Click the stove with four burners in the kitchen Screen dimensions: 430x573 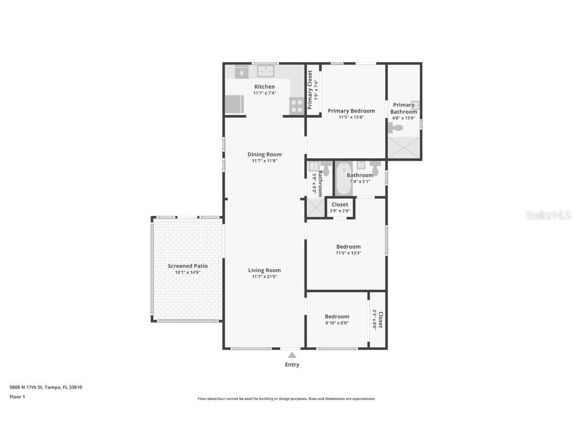(296, 106)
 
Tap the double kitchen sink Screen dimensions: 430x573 (266, 72)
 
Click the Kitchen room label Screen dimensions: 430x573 (265, 87)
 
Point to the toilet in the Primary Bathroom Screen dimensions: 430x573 (396, 128)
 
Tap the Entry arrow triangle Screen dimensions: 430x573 (292, 355)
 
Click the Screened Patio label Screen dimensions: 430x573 (188, 266)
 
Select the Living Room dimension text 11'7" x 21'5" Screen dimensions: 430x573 (265, 277)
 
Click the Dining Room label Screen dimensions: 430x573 (265, 154)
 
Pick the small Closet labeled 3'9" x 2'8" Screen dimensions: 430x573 (340, 208)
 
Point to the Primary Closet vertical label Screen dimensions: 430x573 (310, 90)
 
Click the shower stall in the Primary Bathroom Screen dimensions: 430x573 (404, 148)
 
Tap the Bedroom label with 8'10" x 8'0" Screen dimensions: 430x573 (337, 317)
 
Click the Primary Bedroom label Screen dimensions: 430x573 (351, 111)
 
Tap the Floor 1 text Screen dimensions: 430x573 (17, 397)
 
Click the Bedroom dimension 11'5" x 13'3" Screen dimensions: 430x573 (348, 253)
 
